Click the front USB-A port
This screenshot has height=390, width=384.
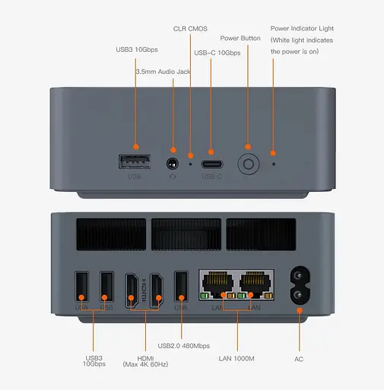(135, 161)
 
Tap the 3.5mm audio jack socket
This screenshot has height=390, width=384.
(173, 163)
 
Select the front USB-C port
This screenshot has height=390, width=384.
(211, 163)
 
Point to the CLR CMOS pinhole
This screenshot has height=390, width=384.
(190, 163)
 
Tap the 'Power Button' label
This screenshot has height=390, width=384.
(240, 37)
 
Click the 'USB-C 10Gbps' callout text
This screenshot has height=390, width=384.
(217, 53)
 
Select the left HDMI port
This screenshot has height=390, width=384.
(132, 288)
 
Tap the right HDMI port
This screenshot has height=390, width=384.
(157, 288)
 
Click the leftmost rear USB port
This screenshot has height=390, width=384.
(81, 288)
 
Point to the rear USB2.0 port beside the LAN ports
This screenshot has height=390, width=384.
(181, 288)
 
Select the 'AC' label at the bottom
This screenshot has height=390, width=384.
(299, 358)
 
